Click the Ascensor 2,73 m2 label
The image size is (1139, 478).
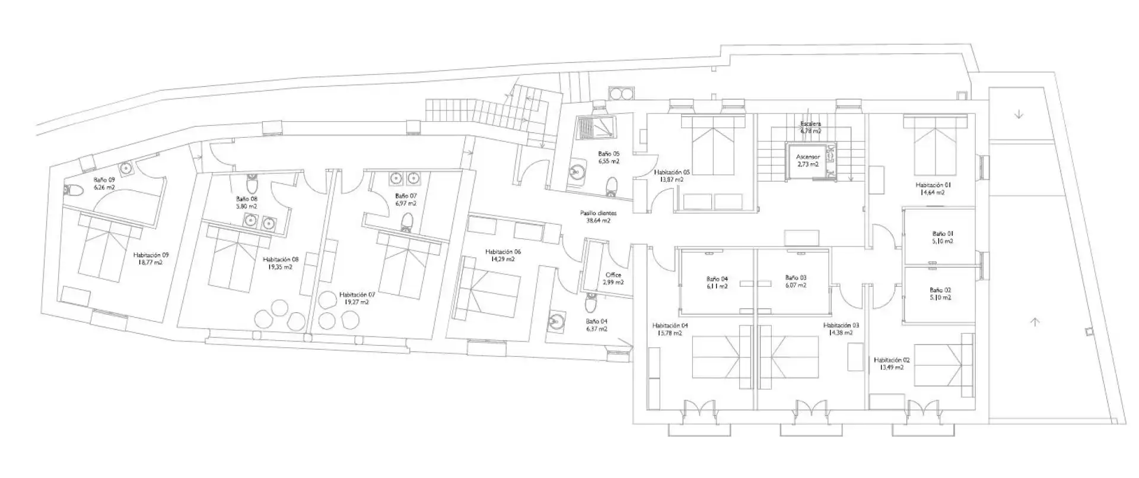click(808, 160)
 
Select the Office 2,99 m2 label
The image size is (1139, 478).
click(613, 279)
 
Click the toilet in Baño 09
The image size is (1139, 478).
click(74, 191)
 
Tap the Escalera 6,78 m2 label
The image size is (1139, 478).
click(810, 127)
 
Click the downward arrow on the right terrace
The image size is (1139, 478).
click(1019, 115)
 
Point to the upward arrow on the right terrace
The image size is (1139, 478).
click(1035, 322)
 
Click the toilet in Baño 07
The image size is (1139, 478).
click(406, 221)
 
